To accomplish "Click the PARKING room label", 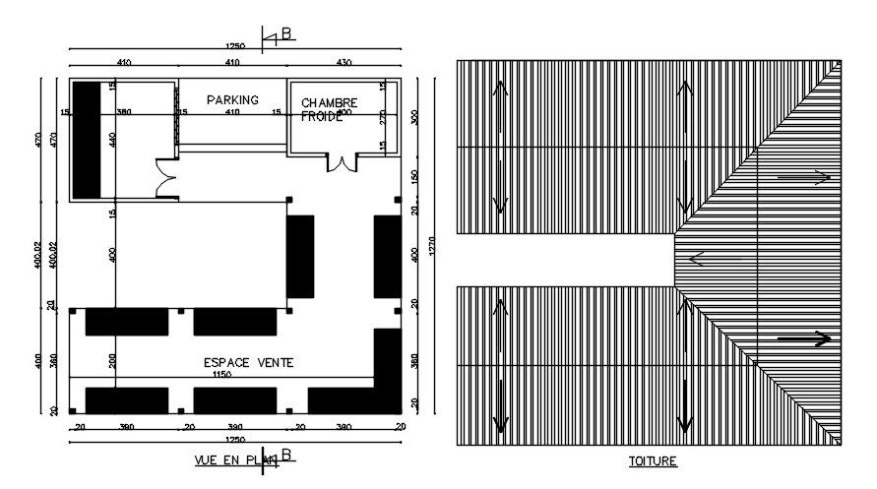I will tap(232, 99).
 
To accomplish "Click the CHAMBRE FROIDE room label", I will tap(330, 109).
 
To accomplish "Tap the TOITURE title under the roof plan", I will tap(653, 460).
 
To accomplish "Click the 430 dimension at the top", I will tap(344, 63).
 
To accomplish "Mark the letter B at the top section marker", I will tap(286, 33).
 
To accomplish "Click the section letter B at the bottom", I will tap(286, 454).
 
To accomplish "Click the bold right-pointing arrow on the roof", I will tap(804, 338).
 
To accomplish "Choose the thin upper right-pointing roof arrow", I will tap(804, 178).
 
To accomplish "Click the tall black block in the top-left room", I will tap(87, 141).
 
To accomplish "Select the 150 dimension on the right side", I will tap(413, 175).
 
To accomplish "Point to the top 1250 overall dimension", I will tap(234, 45).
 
